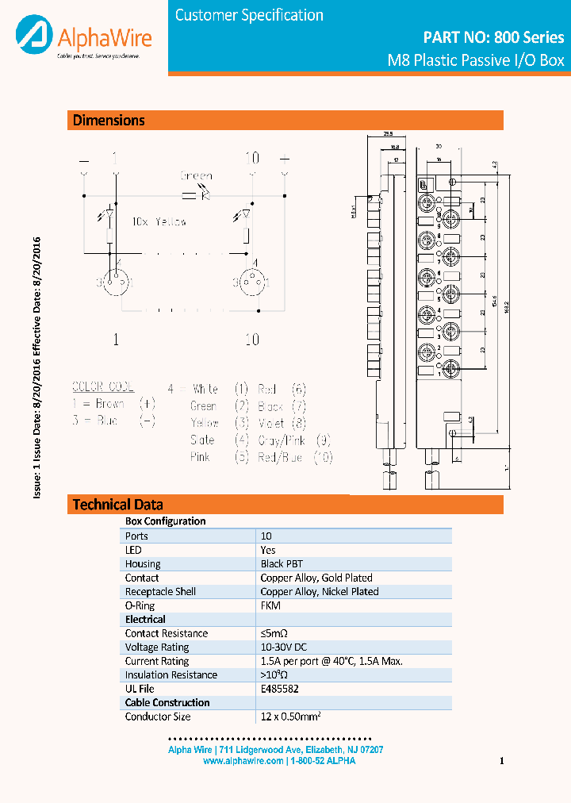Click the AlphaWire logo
coord(83,37)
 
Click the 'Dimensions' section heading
coord(109,121)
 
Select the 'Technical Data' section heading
coord(118,505)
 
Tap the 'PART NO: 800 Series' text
coord(493,37)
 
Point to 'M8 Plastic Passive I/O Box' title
coord(475,60)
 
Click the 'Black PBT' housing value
coord(282,564)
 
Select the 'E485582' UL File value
coord(279,689)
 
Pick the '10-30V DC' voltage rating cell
coord(284,647)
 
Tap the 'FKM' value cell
coord(270,605)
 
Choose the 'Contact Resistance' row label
coord(167,633)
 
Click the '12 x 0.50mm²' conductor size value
coord(290,717)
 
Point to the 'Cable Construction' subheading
coord(167,703)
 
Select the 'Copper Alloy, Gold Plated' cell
coord(316,578)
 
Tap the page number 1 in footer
coord(502,761)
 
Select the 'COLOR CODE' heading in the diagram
coord(103,388)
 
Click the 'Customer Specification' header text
coord(249,15)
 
